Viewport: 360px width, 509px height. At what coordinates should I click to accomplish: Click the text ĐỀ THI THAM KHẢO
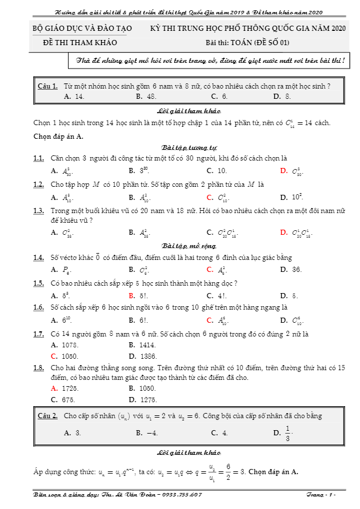pos(80,42)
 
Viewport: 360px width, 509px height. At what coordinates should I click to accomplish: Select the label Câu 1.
pos(47,86)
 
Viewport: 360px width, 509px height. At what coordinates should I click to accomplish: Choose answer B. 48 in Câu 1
pos(146,97)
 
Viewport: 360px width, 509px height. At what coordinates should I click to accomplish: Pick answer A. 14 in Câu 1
pos(75,97)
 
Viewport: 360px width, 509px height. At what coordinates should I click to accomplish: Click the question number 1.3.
pos(39,210)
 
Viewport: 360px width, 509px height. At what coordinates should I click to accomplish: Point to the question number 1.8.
pos(39,368)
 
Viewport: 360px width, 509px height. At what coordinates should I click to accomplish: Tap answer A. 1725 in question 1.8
pos(63,388)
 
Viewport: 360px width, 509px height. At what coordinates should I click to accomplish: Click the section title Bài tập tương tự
pos(181,147)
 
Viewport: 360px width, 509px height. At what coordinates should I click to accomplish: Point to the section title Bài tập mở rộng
pos(181,246)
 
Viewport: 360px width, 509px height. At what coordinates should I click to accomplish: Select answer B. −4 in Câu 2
pos(147,433)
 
